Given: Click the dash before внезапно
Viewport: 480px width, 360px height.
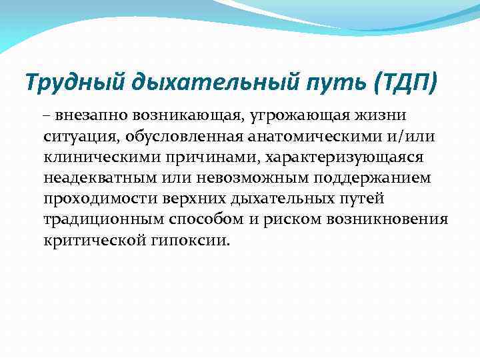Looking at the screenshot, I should click(x=48, y=116).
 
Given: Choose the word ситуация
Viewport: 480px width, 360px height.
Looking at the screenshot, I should click(x=77, y=137).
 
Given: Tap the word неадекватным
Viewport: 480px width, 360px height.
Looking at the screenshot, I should click(x=97, y=179).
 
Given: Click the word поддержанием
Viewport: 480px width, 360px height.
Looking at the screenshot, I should click(x=372, y=179).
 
